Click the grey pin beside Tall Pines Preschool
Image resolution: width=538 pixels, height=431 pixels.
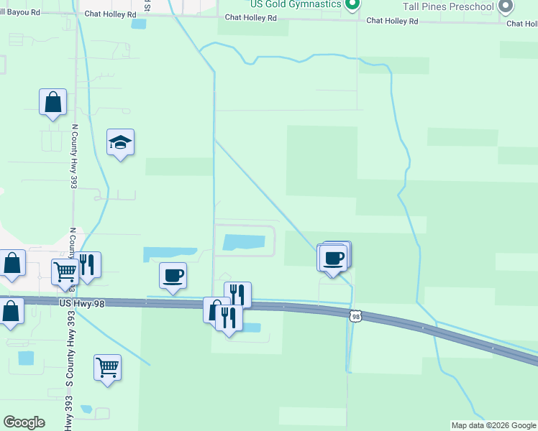[506, 6]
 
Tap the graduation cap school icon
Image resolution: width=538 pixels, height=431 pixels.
[121, 143]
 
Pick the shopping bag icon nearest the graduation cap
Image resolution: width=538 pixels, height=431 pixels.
[53, 102]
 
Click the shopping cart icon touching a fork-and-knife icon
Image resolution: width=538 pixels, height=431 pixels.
[65, 272]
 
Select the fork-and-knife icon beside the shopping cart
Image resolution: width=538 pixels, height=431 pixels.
[87, 264]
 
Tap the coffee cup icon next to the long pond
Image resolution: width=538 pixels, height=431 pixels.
[173, 275]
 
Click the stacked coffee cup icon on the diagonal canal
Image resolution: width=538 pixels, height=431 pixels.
[334, 257]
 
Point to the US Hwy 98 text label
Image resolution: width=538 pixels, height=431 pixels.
[82, 305]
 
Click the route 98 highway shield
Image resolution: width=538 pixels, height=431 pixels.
[355, 316]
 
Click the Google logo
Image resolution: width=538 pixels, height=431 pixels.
[24, 422]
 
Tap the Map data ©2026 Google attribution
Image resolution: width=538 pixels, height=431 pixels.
[493, 425]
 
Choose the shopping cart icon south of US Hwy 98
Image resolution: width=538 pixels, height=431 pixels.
[107, 367]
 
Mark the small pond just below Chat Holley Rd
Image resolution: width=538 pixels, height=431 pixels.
[138, 24]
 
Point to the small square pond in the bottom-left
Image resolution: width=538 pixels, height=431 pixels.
[26, 357]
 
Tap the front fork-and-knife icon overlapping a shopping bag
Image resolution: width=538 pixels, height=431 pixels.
[229, 317]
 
